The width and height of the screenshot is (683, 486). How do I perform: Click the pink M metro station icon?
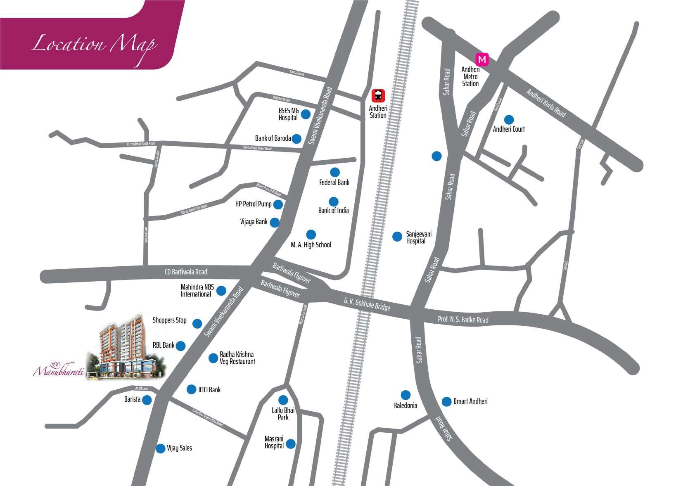point(482,59)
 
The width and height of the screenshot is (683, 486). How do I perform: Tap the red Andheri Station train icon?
point(378,96)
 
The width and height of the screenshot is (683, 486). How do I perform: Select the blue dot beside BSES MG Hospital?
point(306,114)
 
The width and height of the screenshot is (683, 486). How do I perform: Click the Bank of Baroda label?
point(273,138)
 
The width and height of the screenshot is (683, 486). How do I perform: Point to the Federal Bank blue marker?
point(334,172)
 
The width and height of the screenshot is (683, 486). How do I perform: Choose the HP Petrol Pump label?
point(253,204)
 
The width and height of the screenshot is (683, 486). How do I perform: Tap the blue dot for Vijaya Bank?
point(275,223)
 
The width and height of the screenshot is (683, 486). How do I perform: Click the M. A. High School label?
point(311,245)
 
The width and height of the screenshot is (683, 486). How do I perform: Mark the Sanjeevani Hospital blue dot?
point(397,237)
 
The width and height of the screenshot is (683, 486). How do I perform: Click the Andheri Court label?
point(509,129)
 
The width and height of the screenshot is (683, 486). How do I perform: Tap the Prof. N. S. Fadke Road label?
point(463,319)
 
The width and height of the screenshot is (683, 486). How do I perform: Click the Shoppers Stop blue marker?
point(197,324)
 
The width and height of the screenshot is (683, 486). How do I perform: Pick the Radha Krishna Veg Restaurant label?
point(237,358)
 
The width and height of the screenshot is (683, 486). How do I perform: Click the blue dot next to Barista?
point(147,400)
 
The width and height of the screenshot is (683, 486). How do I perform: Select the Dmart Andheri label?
point(470,401)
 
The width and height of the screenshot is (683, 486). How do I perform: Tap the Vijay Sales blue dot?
point(161,448)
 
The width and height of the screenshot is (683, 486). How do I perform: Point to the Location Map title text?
point(94,45)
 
